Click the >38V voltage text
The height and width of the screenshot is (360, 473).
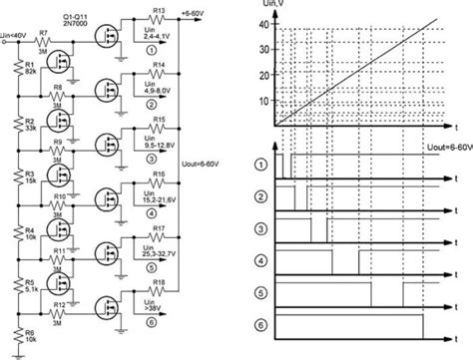tap(159, 308)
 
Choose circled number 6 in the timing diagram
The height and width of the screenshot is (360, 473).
tap(262, 325)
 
